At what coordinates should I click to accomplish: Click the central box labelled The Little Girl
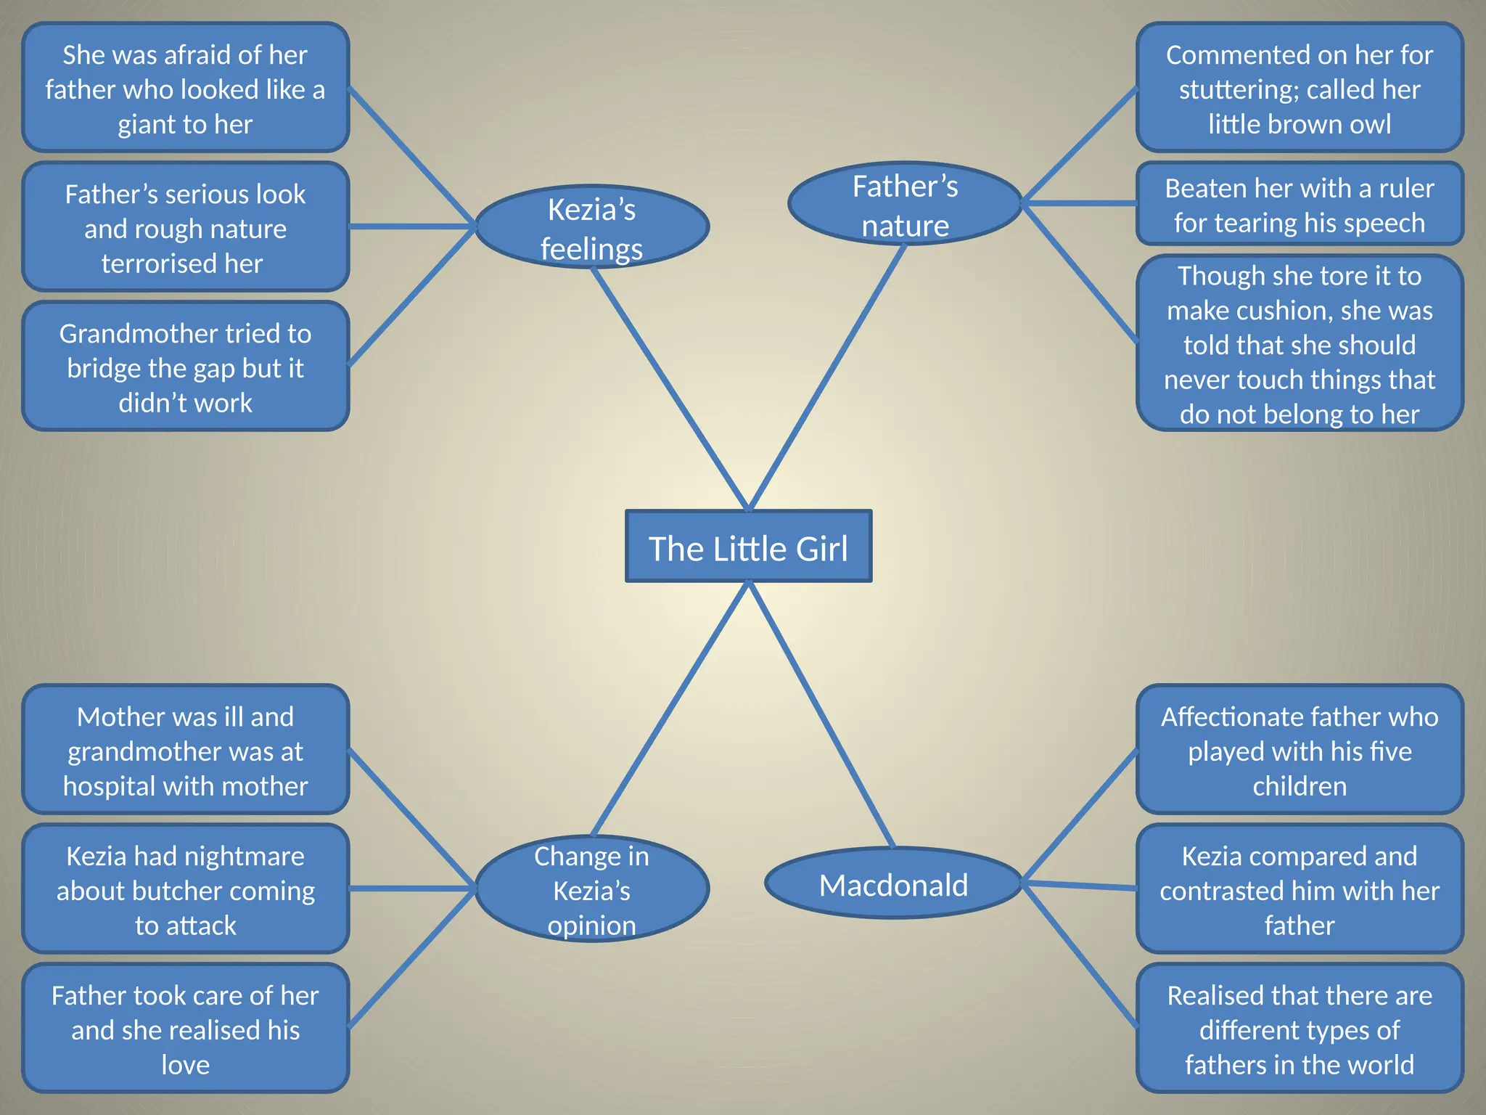[748, 547]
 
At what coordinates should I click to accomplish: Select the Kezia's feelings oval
[591, 227]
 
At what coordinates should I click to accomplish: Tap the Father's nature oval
[905, 204]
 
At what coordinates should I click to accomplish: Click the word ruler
[1406, 189]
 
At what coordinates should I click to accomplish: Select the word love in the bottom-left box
[185, 1065]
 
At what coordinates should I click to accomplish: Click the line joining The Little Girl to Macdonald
[821, 715]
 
